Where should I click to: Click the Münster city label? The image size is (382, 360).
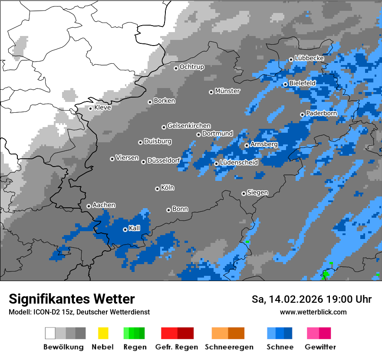[x=227, y=91]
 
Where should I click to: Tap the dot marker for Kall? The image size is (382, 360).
[x=125, y=229]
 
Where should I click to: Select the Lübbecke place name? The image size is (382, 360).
[x=310, y=58]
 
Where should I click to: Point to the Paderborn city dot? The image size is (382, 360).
[x=302, y=115]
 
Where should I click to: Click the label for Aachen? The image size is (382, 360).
[x=104, y=205]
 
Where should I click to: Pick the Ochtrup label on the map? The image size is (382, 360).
[x=192, y=67]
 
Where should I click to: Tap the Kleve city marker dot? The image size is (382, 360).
[x=90, y=108]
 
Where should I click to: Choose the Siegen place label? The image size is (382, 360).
[x=257, y=193]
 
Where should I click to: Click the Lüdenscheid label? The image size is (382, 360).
[x=239, y=163]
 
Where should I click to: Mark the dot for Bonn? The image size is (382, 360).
[x=168, y=210]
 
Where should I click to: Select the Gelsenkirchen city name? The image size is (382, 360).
[x=189, y=126]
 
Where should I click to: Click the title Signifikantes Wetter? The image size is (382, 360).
[x=72, y=299]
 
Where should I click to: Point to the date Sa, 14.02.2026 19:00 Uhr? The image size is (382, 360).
[x=311, y=299]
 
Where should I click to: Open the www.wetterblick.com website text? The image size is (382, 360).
[x=313, y=312]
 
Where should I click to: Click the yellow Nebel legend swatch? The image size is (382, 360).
[x=103, y=333]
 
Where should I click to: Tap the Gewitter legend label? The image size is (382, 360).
[x=320, y=347]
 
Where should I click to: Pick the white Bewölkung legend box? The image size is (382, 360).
[x=50, y=333]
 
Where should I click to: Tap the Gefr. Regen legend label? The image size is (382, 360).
[x=177, y=347]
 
